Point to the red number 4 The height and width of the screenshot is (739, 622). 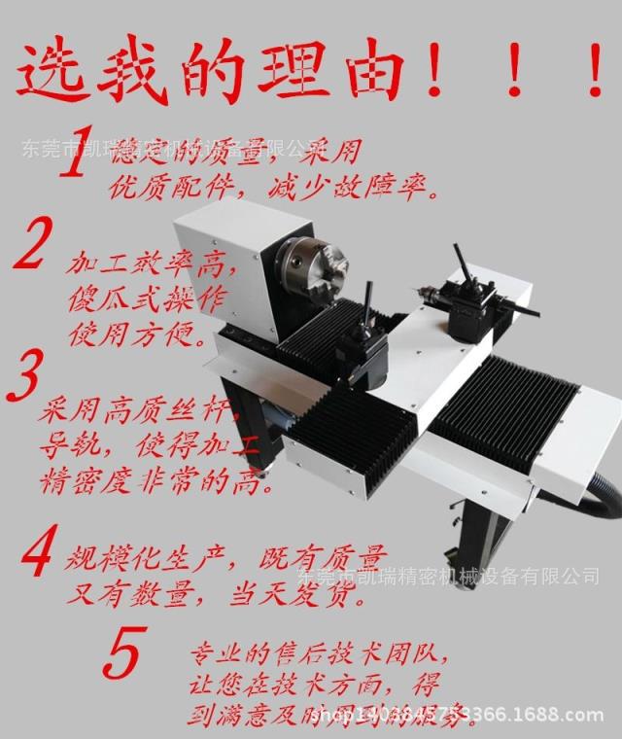point(36,551)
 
